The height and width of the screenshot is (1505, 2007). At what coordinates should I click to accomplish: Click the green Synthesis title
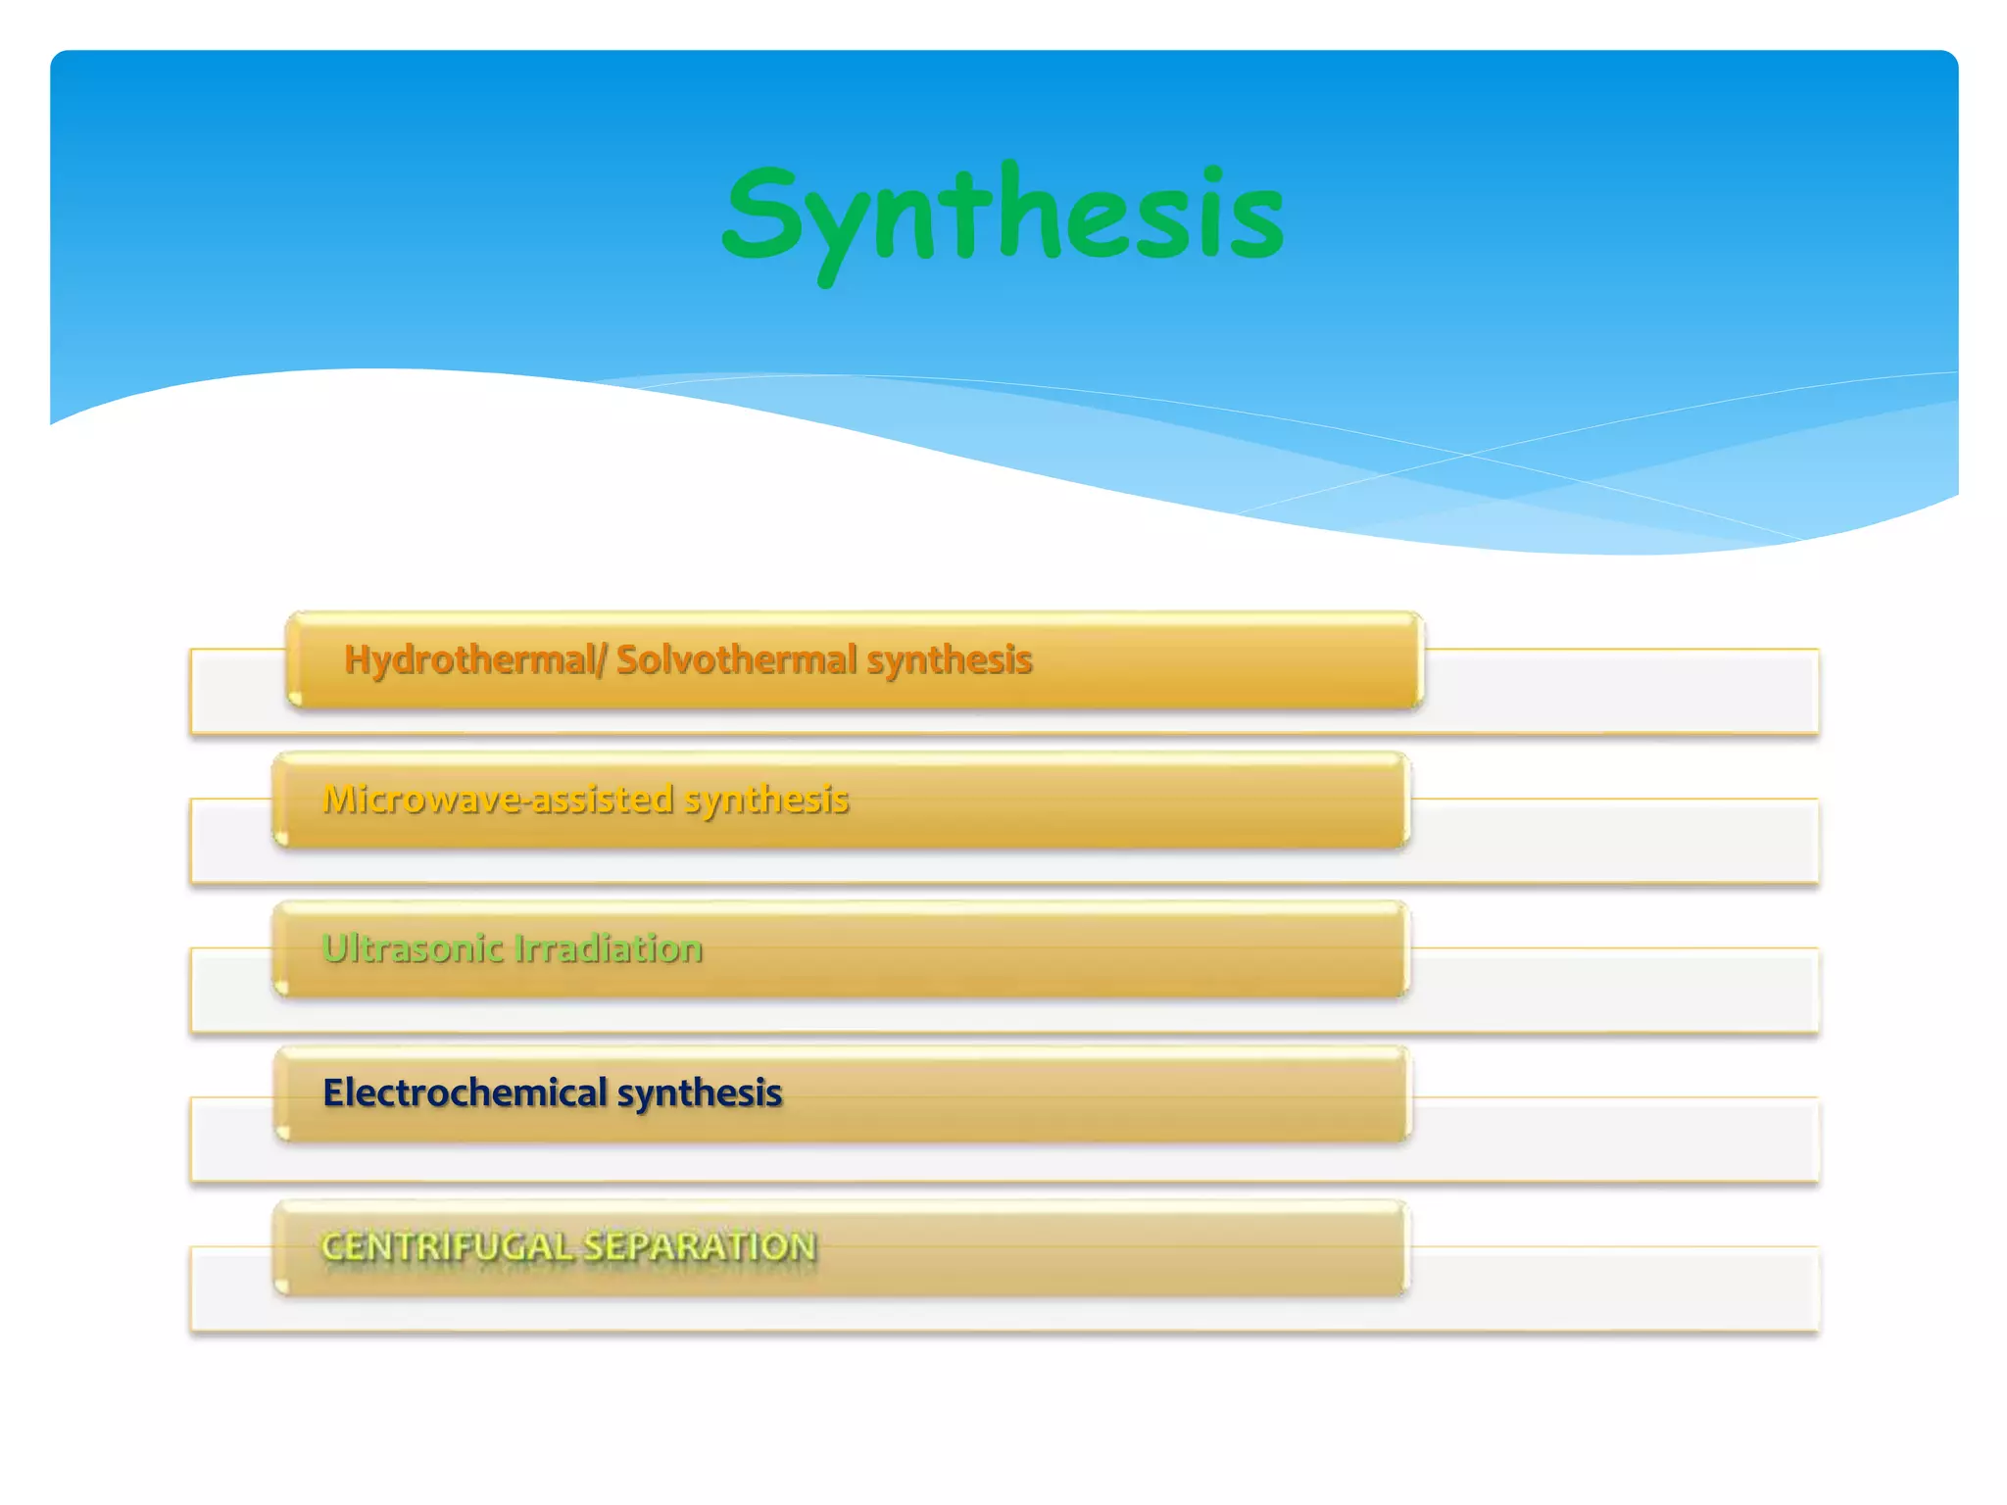coord(1003,216)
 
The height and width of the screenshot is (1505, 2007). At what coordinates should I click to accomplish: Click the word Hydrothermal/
coord(474,659)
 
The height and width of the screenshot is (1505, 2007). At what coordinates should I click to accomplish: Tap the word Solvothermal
coord(736,659)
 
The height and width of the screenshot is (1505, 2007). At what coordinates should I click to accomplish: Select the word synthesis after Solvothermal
coord(949,659)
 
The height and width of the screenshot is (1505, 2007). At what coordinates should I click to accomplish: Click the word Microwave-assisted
coord(498,800)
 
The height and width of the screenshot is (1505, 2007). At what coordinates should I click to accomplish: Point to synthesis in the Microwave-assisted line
coord(765,800)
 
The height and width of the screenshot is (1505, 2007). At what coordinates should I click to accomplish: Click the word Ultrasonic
coord(412,948)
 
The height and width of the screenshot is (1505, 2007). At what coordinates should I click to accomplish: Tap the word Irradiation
coord(609,948)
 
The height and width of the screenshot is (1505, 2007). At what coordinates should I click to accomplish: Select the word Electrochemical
coord(465,1092)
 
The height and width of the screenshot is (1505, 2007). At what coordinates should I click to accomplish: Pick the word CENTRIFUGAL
coord(446,1246)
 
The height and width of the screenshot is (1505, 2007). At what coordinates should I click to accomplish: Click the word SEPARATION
coord(699,1246)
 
